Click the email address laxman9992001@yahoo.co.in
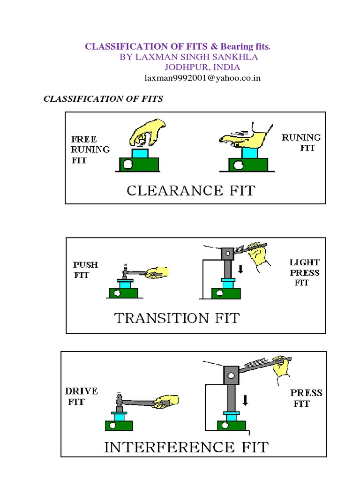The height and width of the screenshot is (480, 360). [202, 78]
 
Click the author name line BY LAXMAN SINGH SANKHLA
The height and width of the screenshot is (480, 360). [188, 57]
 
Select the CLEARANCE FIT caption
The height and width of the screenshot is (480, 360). [191, 191]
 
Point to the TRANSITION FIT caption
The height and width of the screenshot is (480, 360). [177, 318]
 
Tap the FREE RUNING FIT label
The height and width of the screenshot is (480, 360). [90, 149]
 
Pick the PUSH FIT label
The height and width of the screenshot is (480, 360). [86, 270]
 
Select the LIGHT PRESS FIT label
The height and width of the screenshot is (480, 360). [304, 272]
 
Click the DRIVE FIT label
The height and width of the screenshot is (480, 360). [82, 396]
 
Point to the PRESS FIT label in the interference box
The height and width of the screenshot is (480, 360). [306, 398]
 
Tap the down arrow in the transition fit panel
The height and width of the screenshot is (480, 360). [240, 270]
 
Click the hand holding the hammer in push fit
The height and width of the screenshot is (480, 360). [157, 273]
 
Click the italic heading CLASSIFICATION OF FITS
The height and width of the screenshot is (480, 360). [103, 99]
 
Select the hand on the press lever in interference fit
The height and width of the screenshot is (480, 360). [281, 368]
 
